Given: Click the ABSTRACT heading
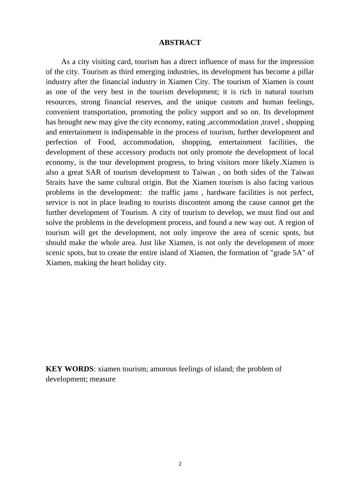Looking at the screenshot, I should tap(180, 42).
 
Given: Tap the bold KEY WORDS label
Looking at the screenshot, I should tap(69, 369).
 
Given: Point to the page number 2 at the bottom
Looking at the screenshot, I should tap(180, 464).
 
